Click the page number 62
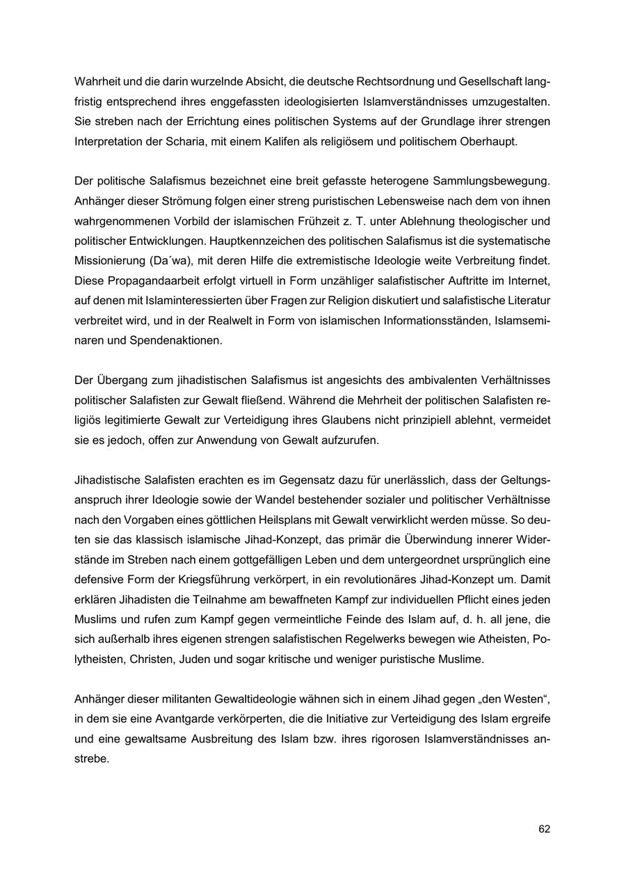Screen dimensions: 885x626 pos(544,829)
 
